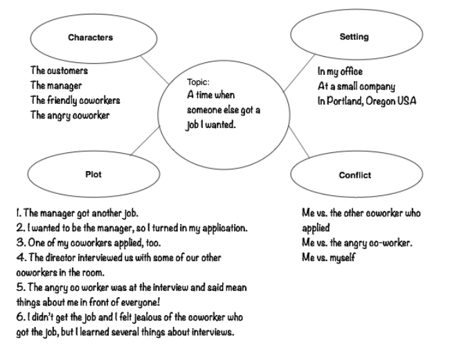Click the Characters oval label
tap(91, 37)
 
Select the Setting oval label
tap(354, 37)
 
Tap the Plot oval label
tap(93, 174)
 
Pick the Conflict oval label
tap(354, 175)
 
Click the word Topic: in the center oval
tap(198, 82)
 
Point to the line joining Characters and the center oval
tap(155, 70)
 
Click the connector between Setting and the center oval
tap(299, 73)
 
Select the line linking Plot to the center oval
tap(146, 141)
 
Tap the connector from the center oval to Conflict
tap(299, 142)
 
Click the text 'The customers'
tap(59, 71)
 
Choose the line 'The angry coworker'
tap(70, 116)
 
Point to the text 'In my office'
tap(340, 72)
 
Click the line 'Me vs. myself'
tap(328, 258)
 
